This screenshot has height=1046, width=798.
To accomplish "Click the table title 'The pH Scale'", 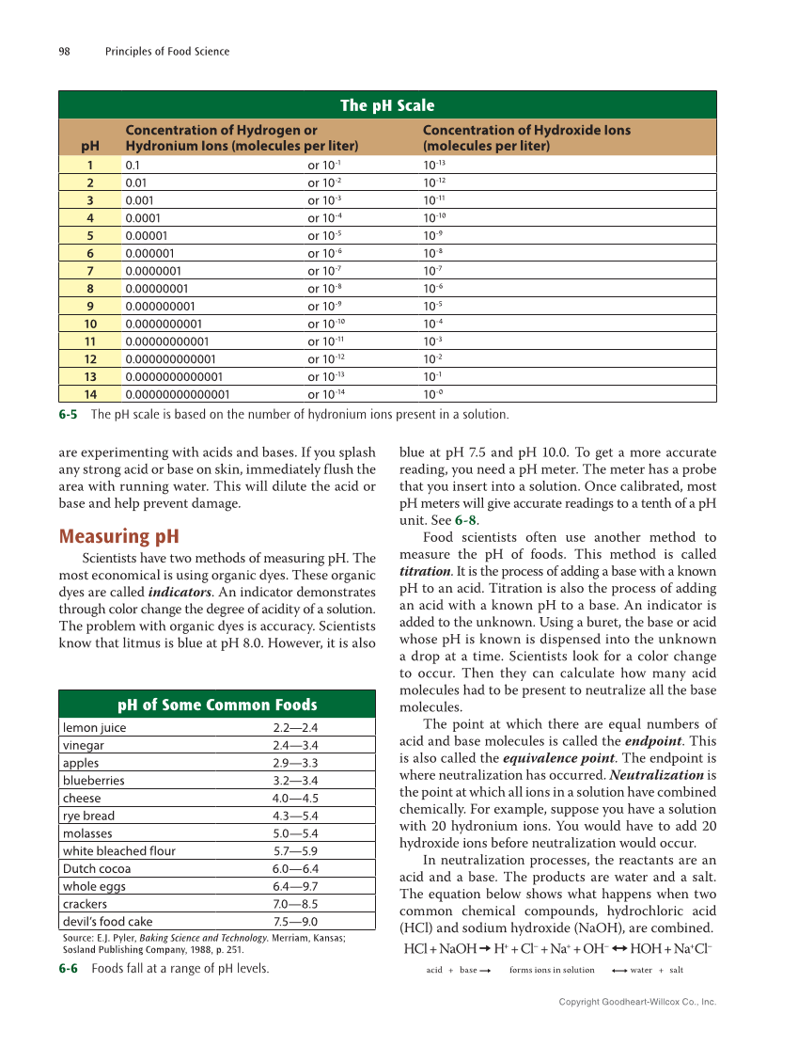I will (387, 105).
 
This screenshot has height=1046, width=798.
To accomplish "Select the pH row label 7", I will (90, 271).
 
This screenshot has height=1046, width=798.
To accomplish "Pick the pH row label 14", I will (90, 394).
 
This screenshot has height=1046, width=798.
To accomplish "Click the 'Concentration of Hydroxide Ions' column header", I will (526, 138).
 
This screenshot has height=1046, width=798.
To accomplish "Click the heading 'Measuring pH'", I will (118, 537).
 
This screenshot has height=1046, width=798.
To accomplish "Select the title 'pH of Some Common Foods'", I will (217, 705).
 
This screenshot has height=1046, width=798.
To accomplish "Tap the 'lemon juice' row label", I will (94, 727).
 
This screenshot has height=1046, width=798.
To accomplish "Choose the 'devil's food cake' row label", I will (107, 922).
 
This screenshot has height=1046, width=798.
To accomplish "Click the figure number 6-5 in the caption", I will (69, 414).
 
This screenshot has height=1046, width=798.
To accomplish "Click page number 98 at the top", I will (66, 51).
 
